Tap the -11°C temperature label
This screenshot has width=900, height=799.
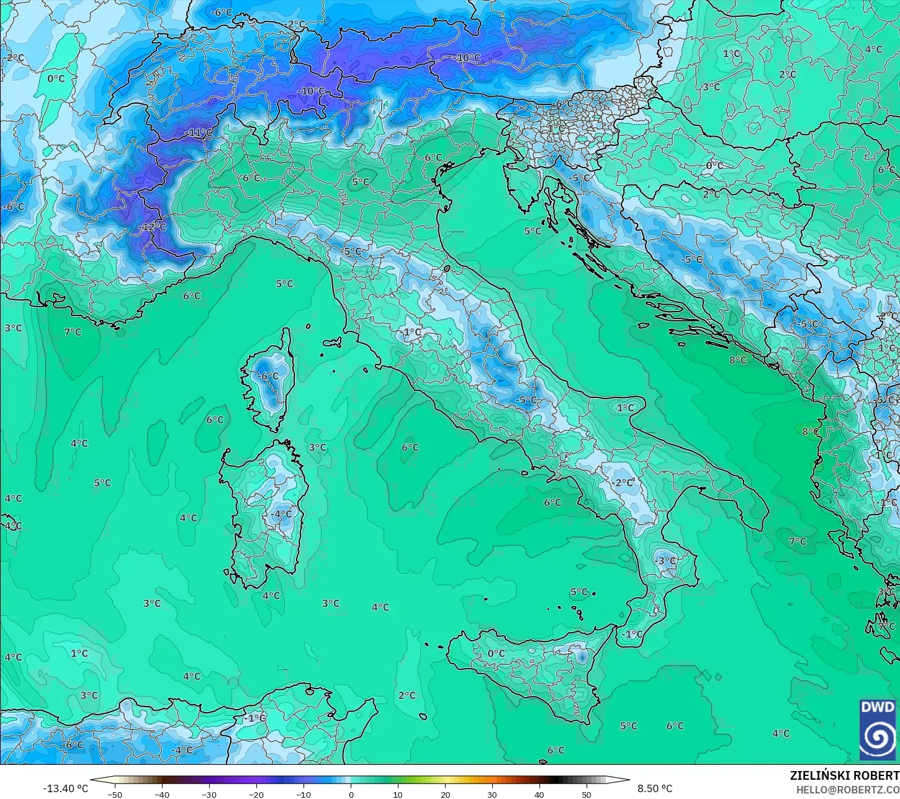(x=199, y=133)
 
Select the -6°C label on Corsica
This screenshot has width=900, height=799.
(x=269, y=376)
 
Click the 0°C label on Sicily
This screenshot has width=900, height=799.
(x=496, y=653)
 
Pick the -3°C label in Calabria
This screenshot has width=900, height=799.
(x=665, y=561)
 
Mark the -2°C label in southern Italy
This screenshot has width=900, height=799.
(x=623, y=482)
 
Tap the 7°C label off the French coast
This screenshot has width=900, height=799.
(x=73, y=332)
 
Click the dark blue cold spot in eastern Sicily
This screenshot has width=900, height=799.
(x=582, y=656)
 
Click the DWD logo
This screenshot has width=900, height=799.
(x=878, y=729)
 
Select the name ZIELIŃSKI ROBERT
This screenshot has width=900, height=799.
(x=844, y=775)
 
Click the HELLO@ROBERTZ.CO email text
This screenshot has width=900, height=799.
(x=848, y=789)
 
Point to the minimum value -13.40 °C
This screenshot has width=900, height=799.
(x=65, y=788)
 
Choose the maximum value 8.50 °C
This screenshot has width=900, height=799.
(x=655, y=788)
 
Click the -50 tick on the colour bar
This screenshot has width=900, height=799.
(x=115, y=794)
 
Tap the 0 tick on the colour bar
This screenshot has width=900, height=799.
(x=351, y=794)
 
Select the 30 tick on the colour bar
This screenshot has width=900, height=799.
(x=492, y=794)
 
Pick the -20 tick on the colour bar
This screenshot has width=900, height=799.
(x=256, y=794)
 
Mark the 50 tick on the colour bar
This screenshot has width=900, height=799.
(x=587, y=794)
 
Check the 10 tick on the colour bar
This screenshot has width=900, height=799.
(x=398, y=794)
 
